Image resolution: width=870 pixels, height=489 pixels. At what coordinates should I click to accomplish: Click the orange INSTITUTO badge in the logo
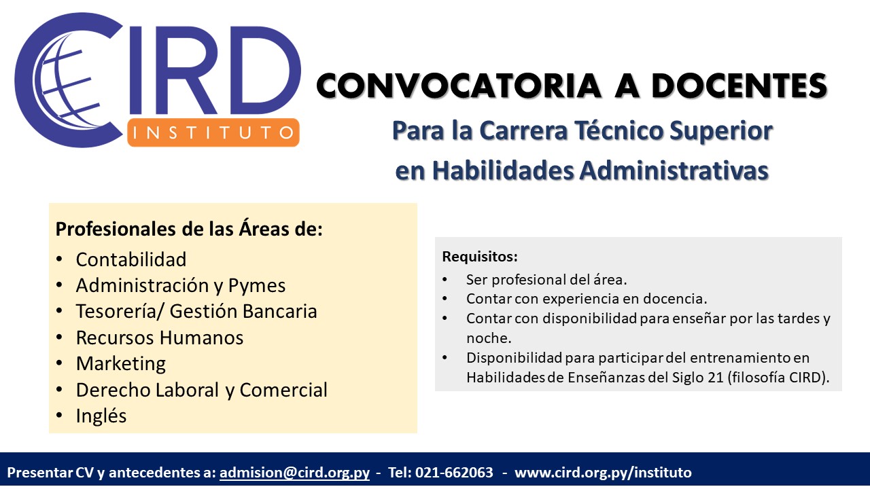pos(213,132)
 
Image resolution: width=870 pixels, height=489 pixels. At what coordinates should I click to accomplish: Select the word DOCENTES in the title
pos(739,86)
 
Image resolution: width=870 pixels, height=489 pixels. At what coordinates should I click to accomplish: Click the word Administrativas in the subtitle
pos(674,170)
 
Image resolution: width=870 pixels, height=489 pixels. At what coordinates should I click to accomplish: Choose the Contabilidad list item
pos(131,259)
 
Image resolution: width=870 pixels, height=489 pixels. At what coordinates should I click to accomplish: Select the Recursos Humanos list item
pos(160,338)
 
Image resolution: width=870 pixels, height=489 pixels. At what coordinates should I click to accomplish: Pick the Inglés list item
pos(101,416)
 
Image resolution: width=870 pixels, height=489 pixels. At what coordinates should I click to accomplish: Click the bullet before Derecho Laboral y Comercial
pos(59,389)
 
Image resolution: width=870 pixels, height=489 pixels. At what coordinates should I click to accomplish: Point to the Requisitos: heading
pos(480,257)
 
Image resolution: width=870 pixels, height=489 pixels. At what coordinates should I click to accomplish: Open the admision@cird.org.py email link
pos(294,472)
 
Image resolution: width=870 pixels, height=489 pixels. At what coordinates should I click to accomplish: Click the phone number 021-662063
pos(454,472)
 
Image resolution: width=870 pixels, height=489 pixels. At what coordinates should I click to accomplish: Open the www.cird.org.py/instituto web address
pos(603,473)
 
